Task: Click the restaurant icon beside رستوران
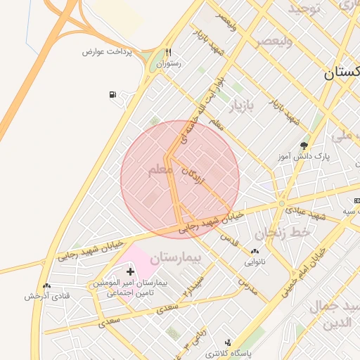click(168, 53)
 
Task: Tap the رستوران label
click(169, 63)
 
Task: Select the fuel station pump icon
click(112, 95)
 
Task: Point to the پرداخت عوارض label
click(104, 52)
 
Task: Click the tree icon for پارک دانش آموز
click(304, 146)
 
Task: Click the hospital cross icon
click(130, 271)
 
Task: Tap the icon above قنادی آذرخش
click(46, 285)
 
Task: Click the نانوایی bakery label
click(255, 262)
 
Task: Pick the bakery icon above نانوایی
click(255, 251)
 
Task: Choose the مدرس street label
click(248, 285)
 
